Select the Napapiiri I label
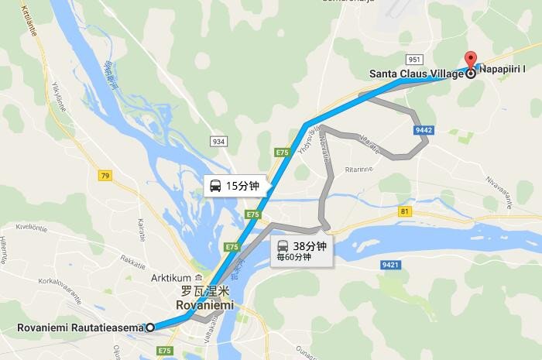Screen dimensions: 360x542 [x=506, y=70]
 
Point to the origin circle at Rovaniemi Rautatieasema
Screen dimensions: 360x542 [x=150, y=327]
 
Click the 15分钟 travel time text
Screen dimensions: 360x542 [x=242, y=186]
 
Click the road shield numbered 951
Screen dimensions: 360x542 [x=413, y=59]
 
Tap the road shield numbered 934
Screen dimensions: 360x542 [x=218, y=140]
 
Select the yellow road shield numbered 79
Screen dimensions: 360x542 [x=105, y=177]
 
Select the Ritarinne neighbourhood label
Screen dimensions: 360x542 [x=359, y=166]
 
